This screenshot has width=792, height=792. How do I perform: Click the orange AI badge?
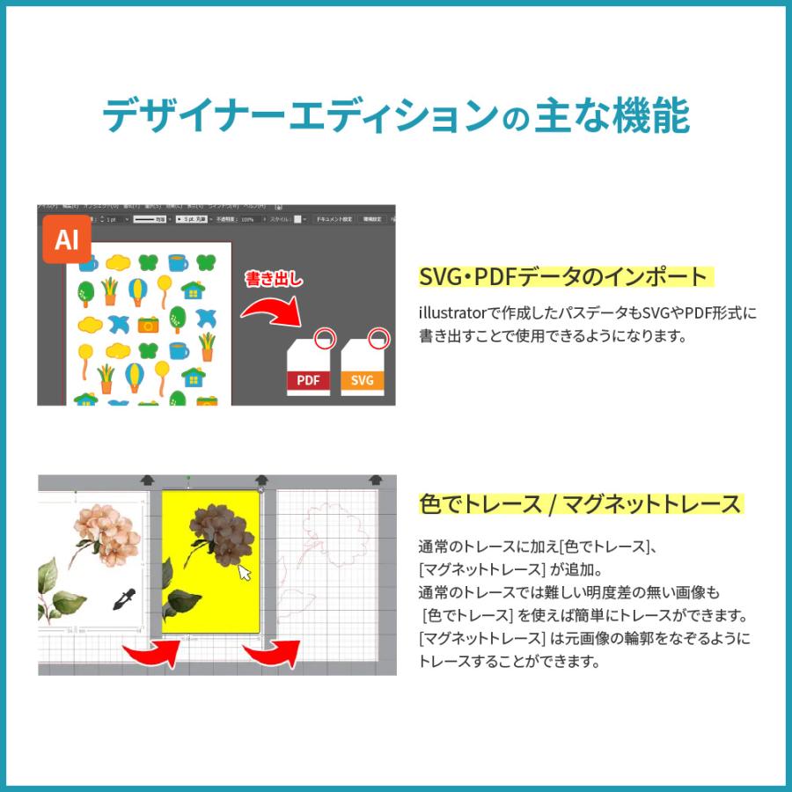click(x=67, y=239)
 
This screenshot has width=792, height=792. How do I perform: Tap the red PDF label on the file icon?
click(x=308, y=380)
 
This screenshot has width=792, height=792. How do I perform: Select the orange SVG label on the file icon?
click(x=363, y=380)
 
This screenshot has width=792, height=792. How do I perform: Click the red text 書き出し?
click(x=274, y=280)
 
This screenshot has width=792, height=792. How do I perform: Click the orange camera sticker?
click(x=148, y=324)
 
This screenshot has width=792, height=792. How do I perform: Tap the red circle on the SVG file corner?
click(x=378, y=336)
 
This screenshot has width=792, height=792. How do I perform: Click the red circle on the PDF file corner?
click(x=324, y=336)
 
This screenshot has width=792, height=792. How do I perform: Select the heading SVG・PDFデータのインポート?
click(x=563, y=276)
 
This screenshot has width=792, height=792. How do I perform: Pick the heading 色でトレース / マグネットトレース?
click(x=580, y=504)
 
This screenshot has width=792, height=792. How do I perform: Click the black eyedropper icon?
click(x=124, y=599)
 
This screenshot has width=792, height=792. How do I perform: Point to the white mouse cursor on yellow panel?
click(x=245, y=573)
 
